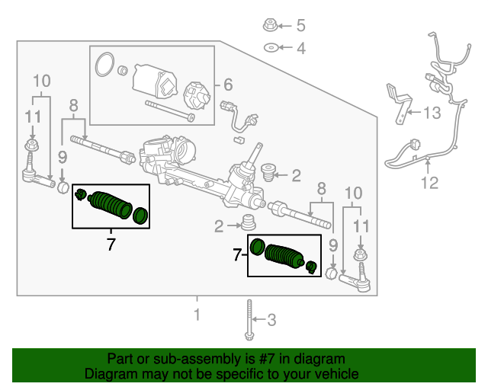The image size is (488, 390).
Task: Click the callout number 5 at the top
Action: (x=300, y=25)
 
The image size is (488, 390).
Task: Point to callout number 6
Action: (x=227, y=85)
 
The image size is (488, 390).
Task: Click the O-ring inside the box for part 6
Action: (x=104, y=66)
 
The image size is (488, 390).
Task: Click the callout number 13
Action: (x=432, y=113)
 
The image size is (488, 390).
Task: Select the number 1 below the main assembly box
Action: (x=197, y=315)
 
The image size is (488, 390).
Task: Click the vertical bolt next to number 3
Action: (x=249, y=320)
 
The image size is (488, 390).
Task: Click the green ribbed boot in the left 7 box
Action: (x=111, y=205)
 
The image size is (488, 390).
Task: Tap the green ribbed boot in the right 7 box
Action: (x=284, y=257)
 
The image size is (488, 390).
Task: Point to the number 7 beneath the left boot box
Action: (x=111, y=245)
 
